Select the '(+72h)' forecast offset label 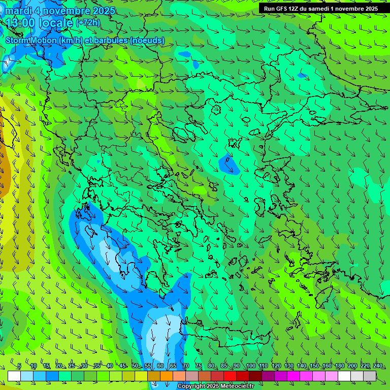coord(88,22)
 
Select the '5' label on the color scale coord(19,366)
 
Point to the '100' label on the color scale coord(250,366)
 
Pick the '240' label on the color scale coord(377,366)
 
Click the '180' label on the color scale coord(339,366)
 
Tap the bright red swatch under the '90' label coord(230,376)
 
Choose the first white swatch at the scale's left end coord(14,376)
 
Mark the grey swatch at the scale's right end coord(370,376)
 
